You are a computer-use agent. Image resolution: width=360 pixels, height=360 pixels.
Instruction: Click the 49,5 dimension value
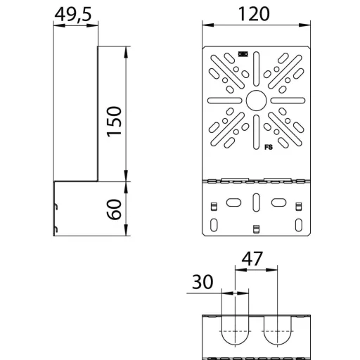pos(73,15)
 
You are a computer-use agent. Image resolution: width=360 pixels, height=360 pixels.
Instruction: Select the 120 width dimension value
pos(254,14)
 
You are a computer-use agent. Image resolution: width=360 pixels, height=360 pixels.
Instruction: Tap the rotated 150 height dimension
pos(114,122)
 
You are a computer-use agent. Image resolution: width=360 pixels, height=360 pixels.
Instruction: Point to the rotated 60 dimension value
pos(114,210)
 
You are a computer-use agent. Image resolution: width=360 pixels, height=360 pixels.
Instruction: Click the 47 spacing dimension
pos(252,259)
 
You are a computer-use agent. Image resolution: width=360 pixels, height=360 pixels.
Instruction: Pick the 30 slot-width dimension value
pos(202,282)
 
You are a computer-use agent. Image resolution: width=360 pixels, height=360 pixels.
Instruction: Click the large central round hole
pos(256,101)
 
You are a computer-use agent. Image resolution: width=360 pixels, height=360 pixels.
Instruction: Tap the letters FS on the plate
pos(269,147)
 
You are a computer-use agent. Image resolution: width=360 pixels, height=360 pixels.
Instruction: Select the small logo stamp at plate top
pos(243,54)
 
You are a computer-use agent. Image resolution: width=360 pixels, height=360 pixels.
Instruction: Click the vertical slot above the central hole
pos(256,69)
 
